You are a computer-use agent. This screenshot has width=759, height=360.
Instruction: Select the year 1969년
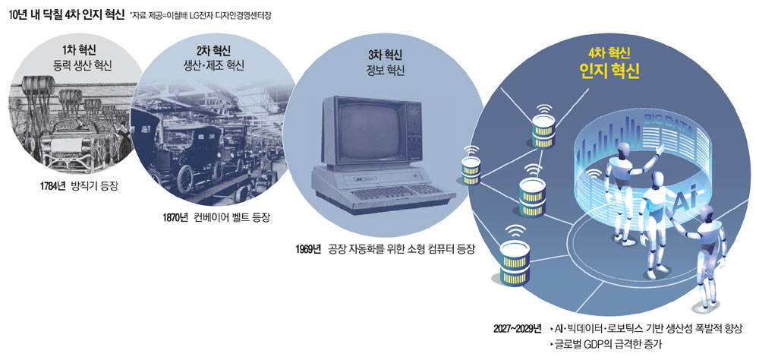coord(308,250)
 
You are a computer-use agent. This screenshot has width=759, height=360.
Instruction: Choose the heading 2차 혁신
coord(213,51)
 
